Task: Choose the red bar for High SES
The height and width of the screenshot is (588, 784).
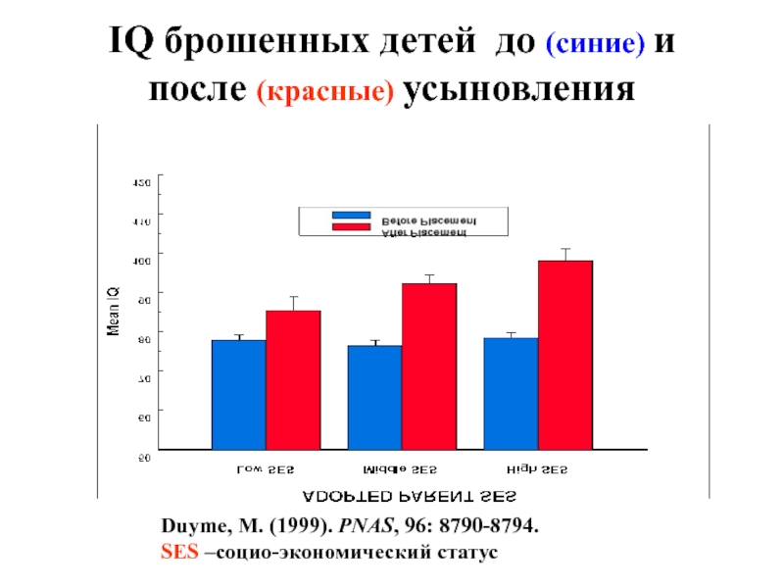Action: tap(565, 355)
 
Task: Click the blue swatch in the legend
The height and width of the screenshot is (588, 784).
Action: tap(351, 215)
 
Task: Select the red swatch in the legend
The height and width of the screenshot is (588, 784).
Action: tap(351, 226)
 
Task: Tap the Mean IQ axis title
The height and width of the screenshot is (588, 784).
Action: tap(114, 312)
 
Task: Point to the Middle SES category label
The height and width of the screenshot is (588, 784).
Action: tap(401, 469)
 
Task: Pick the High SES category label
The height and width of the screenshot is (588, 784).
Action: tap(536, 469)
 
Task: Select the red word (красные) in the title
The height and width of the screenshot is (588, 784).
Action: tap(326, 92)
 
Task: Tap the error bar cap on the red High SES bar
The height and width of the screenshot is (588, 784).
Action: tap(565, 249)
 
